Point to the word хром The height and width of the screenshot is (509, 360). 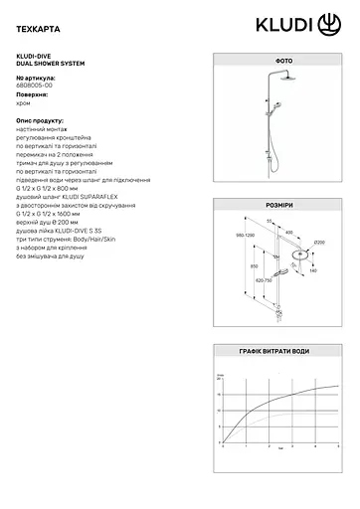[25, 105]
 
